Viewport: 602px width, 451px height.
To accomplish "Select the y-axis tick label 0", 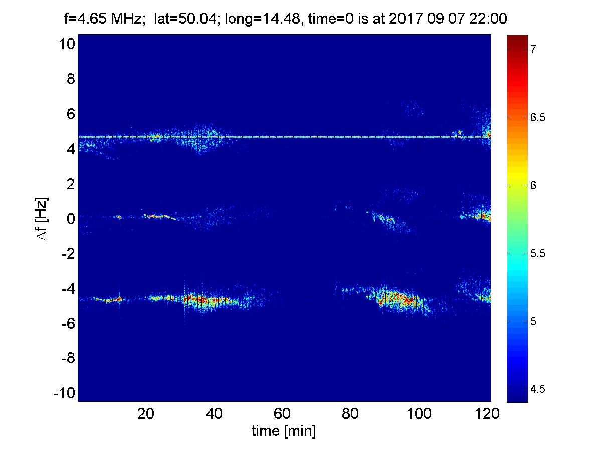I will [71, 219].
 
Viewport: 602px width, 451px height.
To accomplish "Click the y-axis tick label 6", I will [71, 114].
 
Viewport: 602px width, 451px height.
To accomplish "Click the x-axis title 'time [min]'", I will [284, 431].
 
